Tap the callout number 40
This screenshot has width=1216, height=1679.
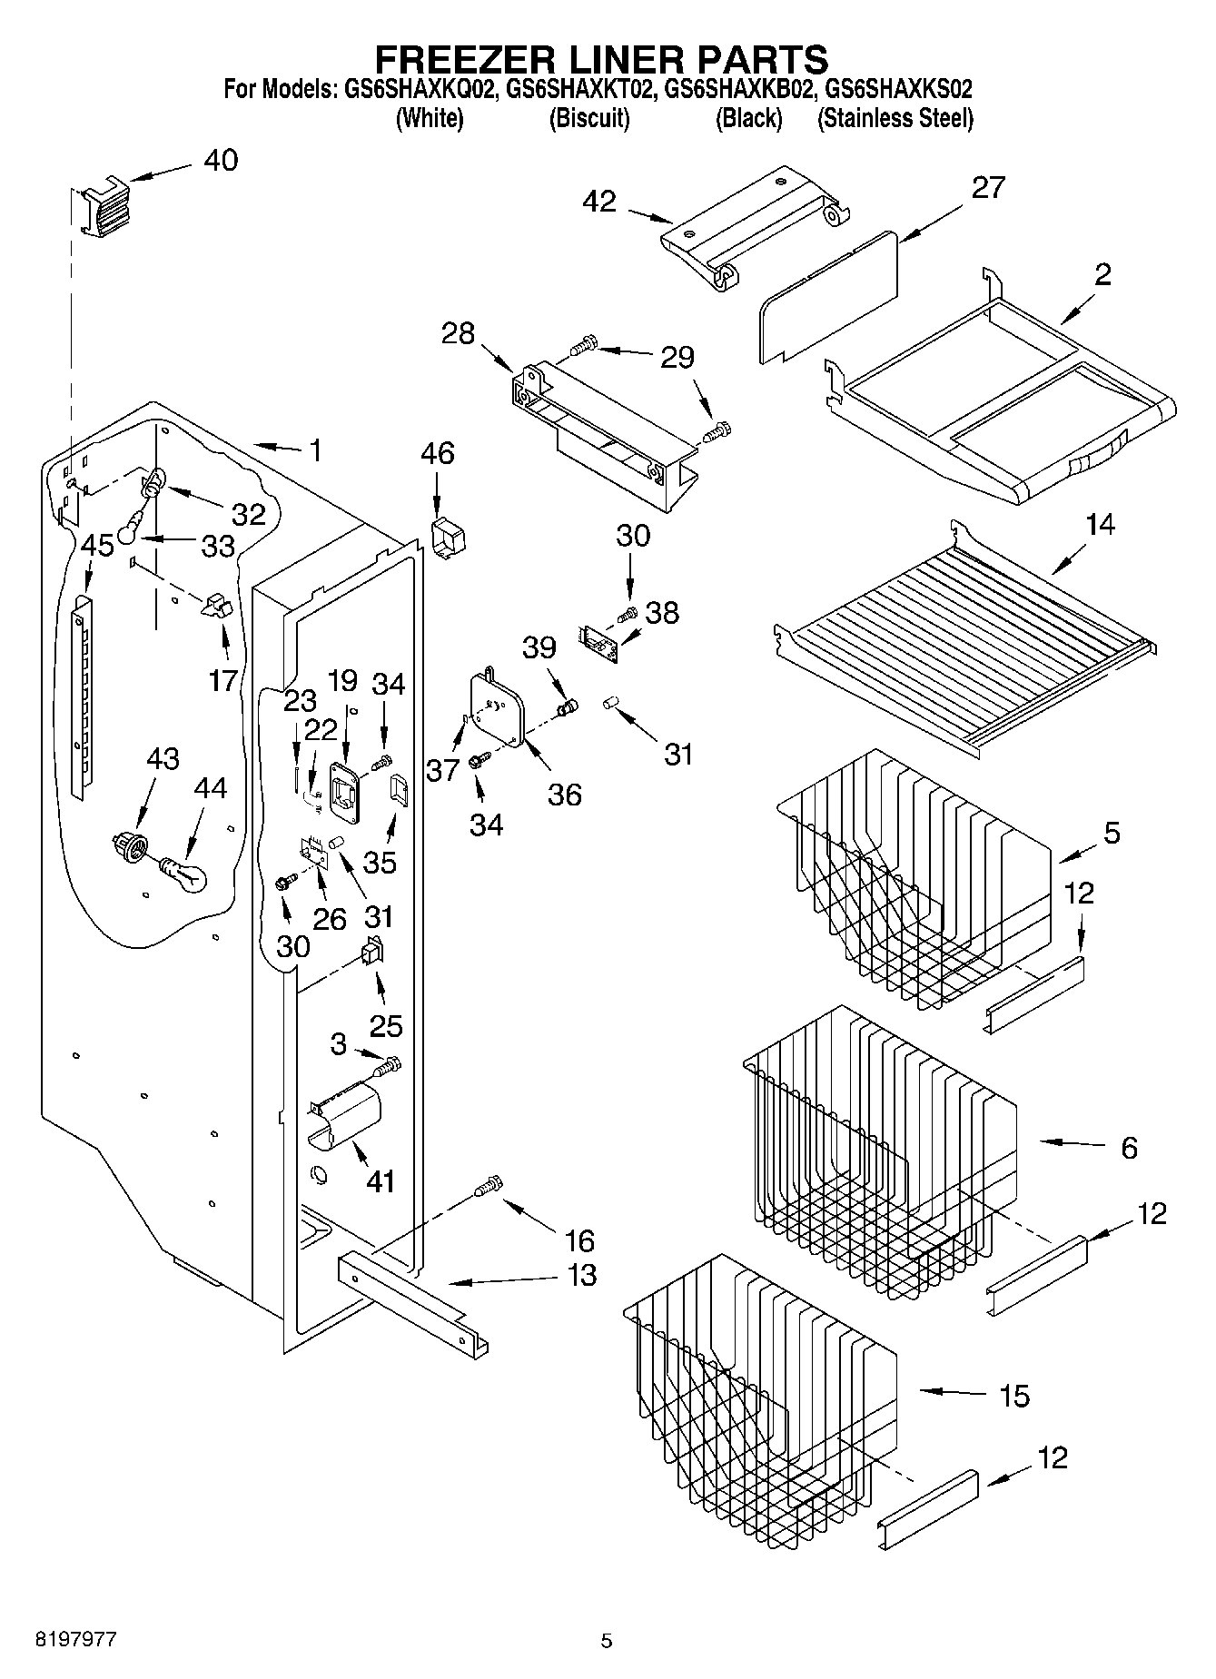tap(221, 161)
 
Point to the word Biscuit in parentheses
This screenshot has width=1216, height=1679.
tap(588, 118)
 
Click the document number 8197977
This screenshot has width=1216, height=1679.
tap(75, 1639)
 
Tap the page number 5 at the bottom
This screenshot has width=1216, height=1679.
tap(607, 1640)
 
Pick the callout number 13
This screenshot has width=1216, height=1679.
tap(581, 1275)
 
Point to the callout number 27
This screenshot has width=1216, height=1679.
tap(987, 187)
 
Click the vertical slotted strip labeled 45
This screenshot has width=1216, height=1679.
tap(82, 695)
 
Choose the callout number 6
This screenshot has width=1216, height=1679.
tap(1129, 1148)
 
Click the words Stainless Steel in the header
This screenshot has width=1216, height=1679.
tap(895, 118)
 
